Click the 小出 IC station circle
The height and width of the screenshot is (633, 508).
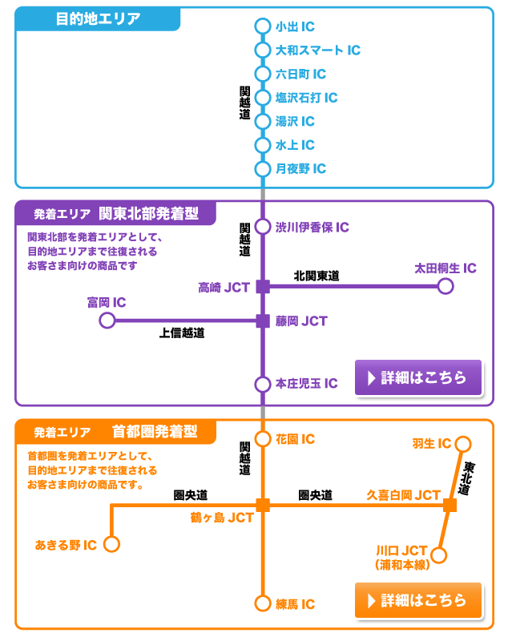(262, 26)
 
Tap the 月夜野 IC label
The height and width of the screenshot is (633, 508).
(300, 169)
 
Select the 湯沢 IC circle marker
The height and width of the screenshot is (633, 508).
(262, 122)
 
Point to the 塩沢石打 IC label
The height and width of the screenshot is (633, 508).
(306, 98)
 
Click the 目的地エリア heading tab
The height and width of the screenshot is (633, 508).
(98, 19)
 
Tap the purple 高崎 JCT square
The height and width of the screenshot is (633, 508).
(262, 286)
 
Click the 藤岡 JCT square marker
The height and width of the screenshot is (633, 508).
(262, 321)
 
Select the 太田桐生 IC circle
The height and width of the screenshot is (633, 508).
(446, 286)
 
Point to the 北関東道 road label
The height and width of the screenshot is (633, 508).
(316, 276)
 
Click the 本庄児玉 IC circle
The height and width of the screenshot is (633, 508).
(262, 384)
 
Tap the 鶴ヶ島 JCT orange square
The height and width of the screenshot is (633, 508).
(262, 504)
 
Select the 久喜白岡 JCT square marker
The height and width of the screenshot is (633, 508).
(450, 505)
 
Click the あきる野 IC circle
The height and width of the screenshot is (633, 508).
(112, 545)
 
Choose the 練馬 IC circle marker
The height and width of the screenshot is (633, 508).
(262, 603)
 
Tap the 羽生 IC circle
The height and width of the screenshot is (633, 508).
(466, 444)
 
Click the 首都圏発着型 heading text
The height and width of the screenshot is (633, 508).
(155, 431)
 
